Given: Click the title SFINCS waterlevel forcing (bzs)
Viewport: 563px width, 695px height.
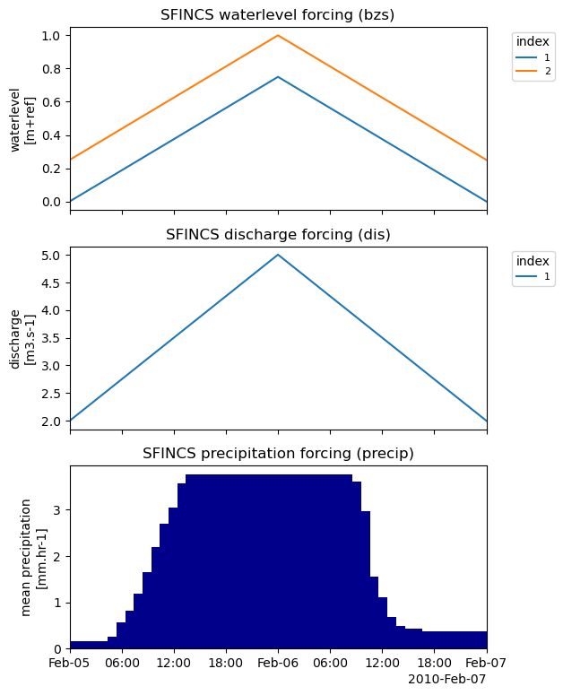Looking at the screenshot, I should click(x=278, y=14).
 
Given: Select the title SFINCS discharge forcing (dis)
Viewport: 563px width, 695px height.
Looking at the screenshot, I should click(x=278, y=235).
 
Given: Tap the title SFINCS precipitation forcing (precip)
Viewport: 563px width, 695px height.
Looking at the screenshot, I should click(x=278, y=454).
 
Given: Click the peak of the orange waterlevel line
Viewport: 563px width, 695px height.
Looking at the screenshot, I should click(x=278, y=36).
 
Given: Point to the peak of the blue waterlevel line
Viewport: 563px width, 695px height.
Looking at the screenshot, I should click(x=278, y=77).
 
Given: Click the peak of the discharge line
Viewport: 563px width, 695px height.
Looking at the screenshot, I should click(x=278, y=255).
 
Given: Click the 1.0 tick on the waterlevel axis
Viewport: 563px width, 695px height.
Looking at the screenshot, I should click(x=54, y=36).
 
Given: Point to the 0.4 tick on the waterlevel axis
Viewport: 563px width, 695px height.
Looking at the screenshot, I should click(x=54, y=135).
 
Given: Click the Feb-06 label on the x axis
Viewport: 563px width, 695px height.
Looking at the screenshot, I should click(x=278, y=664).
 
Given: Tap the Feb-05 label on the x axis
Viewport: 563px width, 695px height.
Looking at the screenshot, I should click(x=70, y=664).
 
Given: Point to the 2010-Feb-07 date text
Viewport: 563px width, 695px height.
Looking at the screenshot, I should click(x=446, y=679).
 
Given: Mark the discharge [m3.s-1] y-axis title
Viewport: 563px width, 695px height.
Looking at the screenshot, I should click(x=22, y=338).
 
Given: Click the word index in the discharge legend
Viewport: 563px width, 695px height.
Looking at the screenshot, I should click(x=533, y=261).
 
